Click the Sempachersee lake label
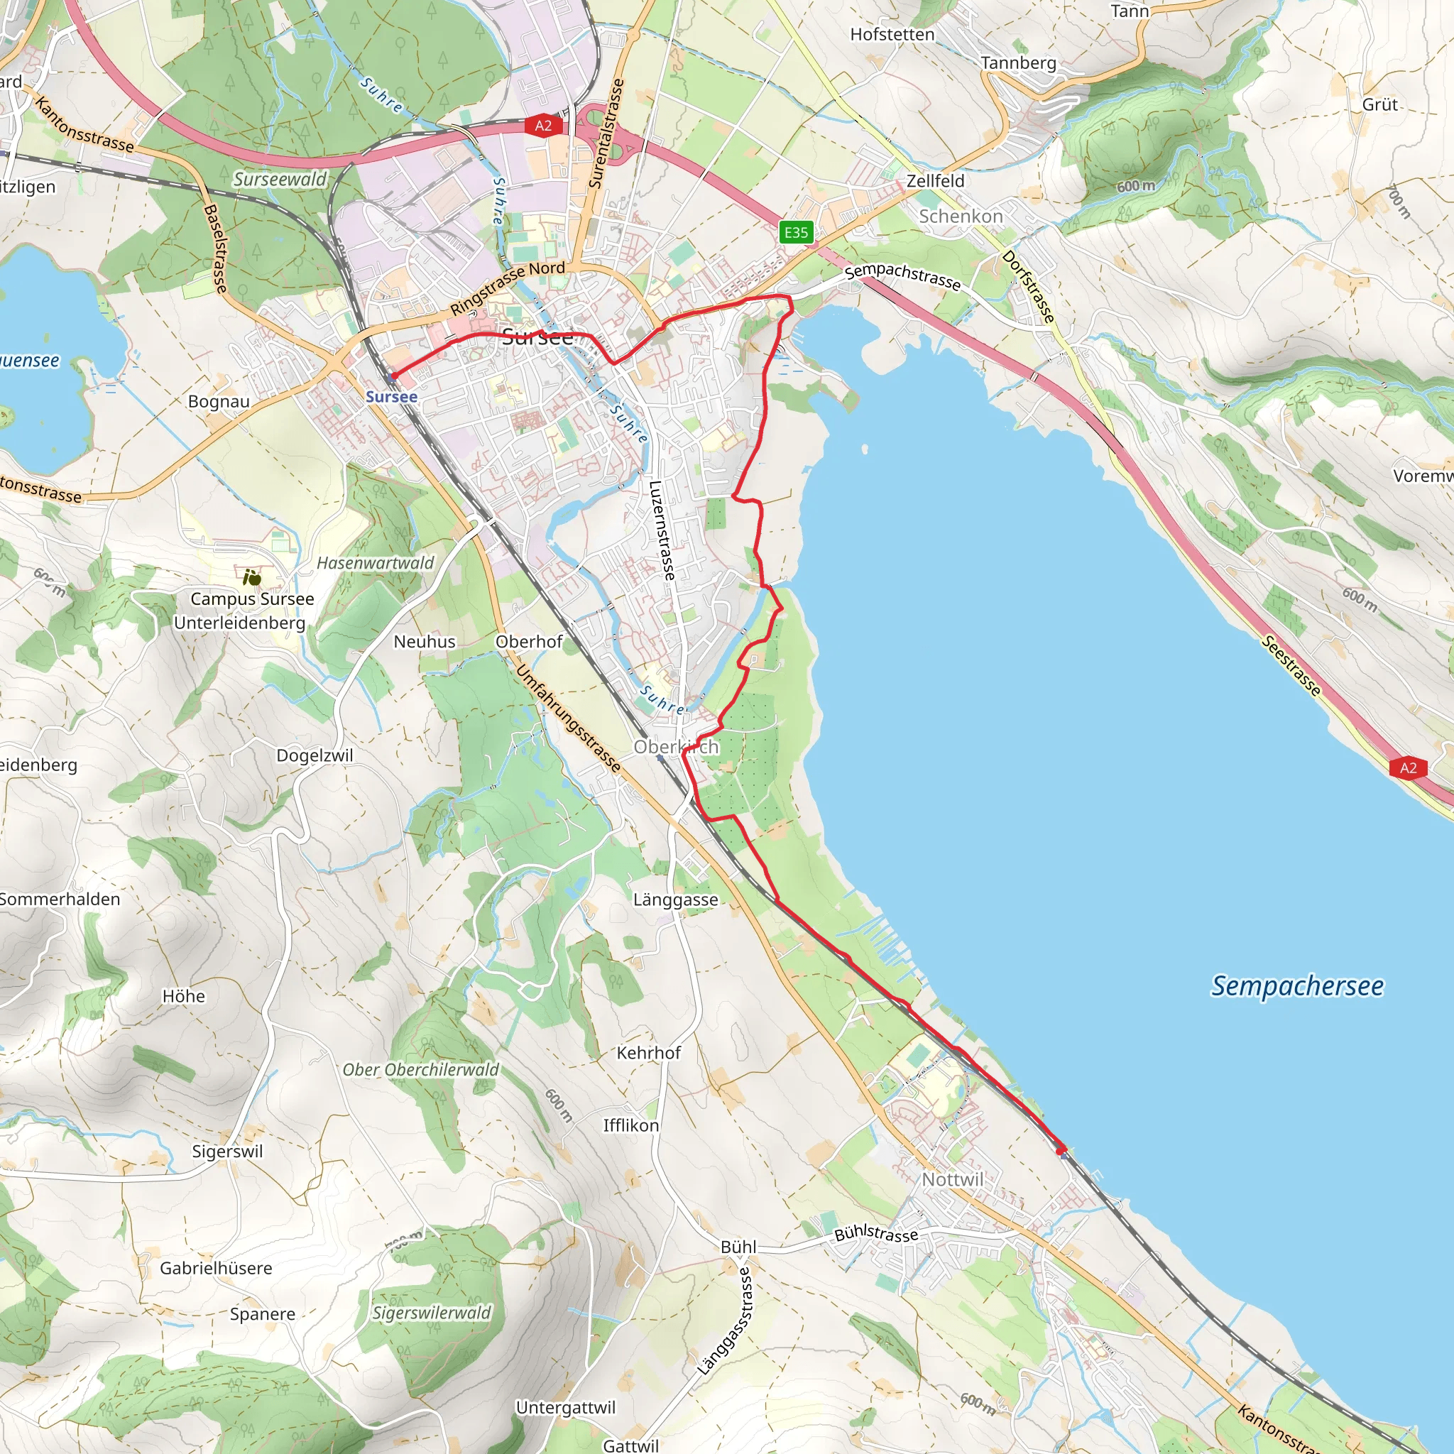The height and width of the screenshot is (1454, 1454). coord(1296,986)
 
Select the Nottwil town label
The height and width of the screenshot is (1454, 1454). coord(953,1179)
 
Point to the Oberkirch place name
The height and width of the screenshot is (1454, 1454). coord(676,747)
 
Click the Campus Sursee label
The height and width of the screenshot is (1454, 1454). coord(252,599)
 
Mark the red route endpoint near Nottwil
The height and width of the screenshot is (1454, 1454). coord(1061,1150)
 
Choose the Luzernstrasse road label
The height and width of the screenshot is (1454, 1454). coord(662,530)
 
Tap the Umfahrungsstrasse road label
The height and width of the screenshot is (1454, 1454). coord(568,718)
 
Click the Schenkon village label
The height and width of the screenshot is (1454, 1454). coord(961,217)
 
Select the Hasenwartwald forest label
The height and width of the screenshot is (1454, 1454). coord(375,563)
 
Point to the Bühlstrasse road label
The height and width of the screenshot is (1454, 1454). coord(876,1232)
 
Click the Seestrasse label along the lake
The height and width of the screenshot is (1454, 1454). coord(1291,665)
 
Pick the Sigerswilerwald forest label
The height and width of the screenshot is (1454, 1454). coord(431,1313)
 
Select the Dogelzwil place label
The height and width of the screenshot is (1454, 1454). coord(315,755)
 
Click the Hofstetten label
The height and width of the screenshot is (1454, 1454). coord(892,35)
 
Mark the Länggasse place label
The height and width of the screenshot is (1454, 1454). coord(675,900)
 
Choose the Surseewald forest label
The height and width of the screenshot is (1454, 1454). coord(280,179)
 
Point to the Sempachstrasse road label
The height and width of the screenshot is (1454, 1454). coord(902,277)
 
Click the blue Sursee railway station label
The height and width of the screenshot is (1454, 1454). coord(391,397)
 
